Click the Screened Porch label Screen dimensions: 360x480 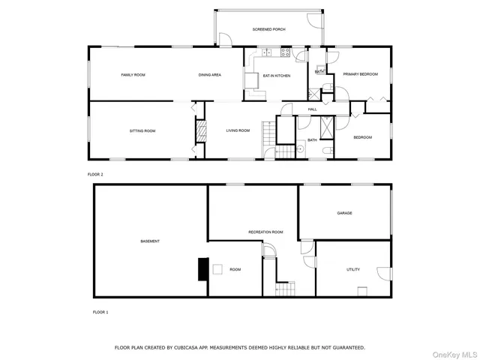pyautogui.click(x=268, y=29)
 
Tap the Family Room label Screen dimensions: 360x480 pyautogui.click(x=133, y=75)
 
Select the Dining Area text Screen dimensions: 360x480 pyautogui.click(x=209, y=75)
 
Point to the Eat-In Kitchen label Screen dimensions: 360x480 pyautogui.click(x=276, y=76)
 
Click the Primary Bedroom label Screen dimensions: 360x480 pyautogui.click(x=360, y=74)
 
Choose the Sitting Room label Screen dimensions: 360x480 pyautogui.click(x=142, y=131)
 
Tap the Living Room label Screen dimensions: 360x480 pyautogui.click(x=238, y=131)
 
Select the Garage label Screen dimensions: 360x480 pyautogui.click(x=344, y=213)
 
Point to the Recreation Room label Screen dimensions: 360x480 pyautogui.click(x=265, y=232)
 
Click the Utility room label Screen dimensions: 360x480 pyautogui.click(x=353, y=269)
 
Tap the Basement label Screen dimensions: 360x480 pyautogui.click(x=150, y=241)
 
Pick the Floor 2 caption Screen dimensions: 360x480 pyautogui.click(x=95, y=174)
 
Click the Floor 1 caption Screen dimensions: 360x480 pyautogui.click(x=100, y=311)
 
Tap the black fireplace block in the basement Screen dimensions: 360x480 pyautogui.click(x=202, y=268)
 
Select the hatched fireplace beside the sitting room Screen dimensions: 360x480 pyautogui.click(x=200, y=131)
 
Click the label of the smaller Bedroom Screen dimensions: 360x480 pyautogui.click(x=362, y=137)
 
